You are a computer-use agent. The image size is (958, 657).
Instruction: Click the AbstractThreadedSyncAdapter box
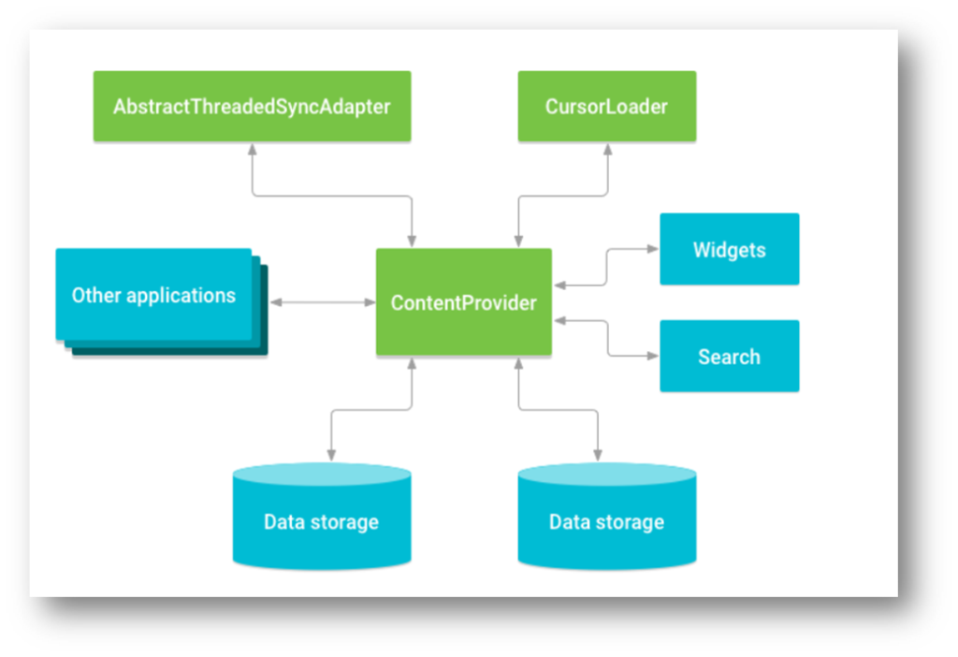coord(252,106)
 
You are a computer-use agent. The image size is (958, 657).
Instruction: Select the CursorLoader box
coord(606,106)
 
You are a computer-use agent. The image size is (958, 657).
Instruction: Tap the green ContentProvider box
coord(463,302)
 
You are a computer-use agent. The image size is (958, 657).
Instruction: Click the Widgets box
coord(729,250)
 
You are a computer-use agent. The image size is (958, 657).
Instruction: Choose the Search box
coord(729,357)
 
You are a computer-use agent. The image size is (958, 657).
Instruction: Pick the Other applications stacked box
coord(153,295)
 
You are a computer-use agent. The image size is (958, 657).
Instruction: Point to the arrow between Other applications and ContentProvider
coord(322,302)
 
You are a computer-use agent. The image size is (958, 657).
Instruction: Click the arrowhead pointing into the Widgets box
coord(654,250)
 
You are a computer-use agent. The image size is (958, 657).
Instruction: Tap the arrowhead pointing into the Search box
coord(654,356)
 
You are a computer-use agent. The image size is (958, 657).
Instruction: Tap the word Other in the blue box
coord(95,295)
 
